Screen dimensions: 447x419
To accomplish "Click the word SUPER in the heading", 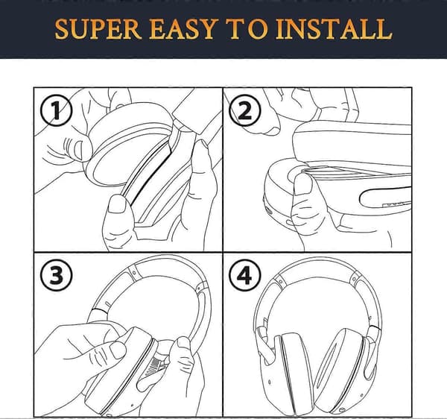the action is (98, 28).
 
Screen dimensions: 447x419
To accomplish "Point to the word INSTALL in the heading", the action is (334, 28).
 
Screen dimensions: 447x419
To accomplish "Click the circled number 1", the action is (56, 111).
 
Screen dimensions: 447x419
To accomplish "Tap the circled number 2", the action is (244, 110).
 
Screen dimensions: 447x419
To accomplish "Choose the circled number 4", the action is (244, 275).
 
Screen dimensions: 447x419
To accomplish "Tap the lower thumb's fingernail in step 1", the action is (117, 203).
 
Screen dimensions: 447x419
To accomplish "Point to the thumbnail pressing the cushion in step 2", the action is (303, 184).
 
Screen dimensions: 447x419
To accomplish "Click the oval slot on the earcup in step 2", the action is (385, 198).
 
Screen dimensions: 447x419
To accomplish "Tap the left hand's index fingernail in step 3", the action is (118, 350).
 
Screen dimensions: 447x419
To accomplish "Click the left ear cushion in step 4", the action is (294, 371).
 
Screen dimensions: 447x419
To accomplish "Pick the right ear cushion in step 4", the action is (339, 369).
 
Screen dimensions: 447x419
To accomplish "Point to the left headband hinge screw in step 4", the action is (281, 282).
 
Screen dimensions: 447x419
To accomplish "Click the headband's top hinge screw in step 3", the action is (133, 272).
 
